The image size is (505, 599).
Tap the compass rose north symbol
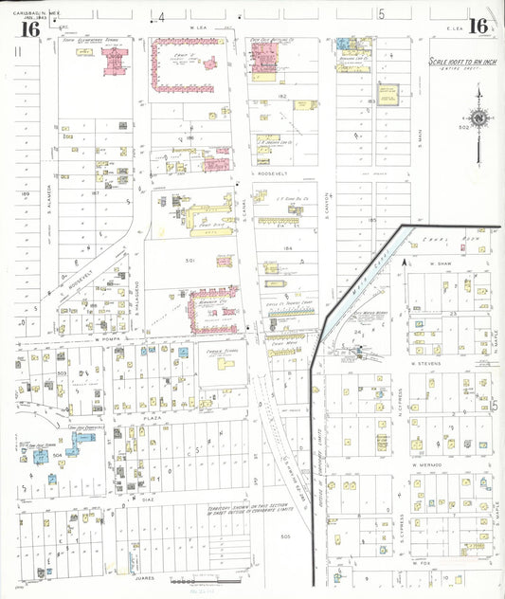(x=479, y=118)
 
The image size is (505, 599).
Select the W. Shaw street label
(x=438, y=263)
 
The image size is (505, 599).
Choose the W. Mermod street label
(x=429, y=465)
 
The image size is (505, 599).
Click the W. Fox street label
(x=422, y=564)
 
